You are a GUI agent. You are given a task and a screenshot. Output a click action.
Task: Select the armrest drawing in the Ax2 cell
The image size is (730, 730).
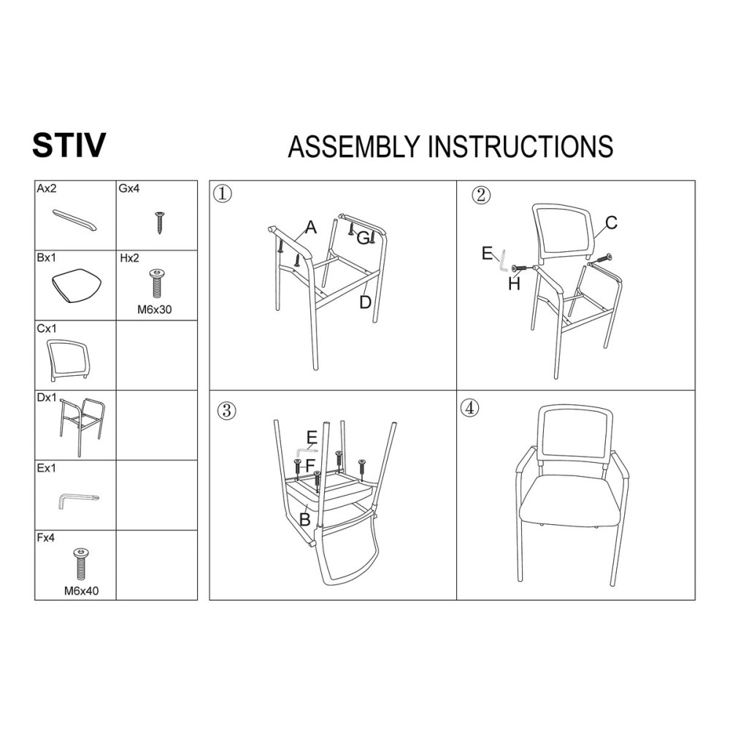(x=75, y=220)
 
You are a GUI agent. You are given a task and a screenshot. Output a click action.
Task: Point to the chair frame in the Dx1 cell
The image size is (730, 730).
(x=82, y=426)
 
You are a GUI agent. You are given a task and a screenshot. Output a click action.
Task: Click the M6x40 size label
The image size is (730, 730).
(x=82, y=591)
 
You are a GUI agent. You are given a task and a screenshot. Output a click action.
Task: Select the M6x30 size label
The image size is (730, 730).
(x=155, y=309)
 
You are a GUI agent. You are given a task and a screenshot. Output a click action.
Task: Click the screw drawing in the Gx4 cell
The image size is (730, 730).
(x=160, y=223)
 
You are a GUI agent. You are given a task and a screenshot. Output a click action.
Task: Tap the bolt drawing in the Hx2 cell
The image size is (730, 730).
(x=156, y=283)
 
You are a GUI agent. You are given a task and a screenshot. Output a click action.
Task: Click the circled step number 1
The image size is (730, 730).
(x=223, y=193)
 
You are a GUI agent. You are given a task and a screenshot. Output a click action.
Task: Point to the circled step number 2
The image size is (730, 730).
(x=481, y=195)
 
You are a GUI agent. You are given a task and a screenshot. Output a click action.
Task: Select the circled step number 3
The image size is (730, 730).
(x=227, y=410)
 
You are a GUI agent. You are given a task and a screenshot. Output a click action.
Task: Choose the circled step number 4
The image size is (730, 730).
(x=469, y=408)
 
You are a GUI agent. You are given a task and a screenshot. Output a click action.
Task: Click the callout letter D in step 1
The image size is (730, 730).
(x=365, y=302)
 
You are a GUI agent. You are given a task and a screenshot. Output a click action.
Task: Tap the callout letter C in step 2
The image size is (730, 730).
(x=611, y=223)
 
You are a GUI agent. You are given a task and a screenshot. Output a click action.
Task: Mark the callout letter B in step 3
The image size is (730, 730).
(x=305, y=519)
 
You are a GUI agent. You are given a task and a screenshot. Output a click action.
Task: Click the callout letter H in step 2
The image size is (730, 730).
(x=514, y=283)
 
